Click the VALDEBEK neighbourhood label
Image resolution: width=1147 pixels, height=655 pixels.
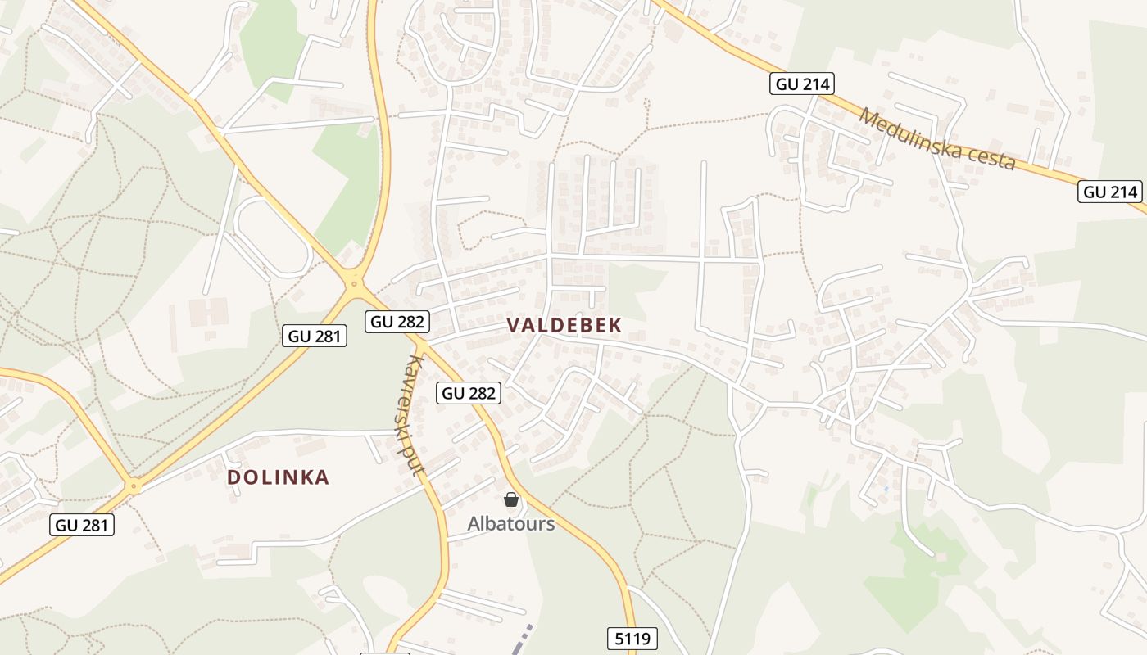(x=564, y=325)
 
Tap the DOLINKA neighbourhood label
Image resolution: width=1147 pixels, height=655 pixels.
(x=278, y=477)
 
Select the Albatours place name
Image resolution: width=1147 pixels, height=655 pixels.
(x=511, y=523)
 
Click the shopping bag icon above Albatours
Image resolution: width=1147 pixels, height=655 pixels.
(x=511, y=499)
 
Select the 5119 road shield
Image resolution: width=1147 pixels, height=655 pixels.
(x=632, y=638)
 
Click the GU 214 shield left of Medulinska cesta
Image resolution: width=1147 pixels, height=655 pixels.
(x=802, y=83)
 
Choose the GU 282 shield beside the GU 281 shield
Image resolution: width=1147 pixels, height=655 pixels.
(x=398, y=321)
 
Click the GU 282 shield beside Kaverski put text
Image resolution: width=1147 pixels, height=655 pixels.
(x=469, y=393)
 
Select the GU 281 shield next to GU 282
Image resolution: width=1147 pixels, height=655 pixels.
(x=315, y=335)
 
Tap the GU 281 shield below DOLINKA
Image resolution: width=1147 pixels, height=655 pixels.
(x=82, y=525)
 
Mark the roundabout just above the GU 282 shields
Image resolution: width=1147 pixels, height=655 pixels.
(x=355, y=285)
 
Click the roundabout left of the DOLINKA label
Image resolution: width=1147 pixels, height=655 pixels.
(x=134, y=486)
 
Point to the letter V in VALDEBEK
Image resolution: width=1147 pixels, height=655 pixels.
(x=514, y=325)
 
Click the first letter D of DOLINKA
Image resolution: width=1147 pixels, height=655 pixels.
(x=233, y=477)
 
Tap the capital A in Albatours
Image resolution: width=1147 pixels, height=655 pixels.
(x=474, y=523)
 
